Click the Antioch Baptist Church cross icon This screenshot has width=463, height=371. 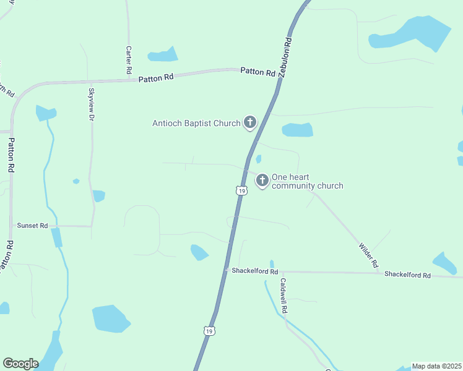[x=250, y=122]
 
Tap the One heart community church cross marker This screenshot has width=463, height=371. [x=262, y=180]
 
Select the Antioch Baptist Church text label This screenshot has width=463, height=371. [x=196, y=123]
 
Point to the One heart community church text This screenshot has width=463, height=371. [x=307, y=181]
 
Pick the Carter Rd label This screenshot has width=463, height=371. [x=129, y=60]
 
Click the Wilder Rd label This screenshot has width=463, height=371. [x=369, y=255]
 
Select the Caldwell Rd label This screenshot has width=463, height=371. [x=283, y=294]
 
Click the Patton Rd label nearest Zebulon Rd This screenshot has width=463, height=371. [x=257, y=72]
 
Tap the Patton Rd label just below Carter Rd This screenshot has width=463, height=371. [x=156, y=79]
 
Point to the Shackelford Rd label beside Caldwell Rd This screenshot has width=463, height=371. [x=254, y=271]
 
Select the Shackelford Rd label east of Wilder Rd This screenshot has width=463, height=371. [x=407, y=275]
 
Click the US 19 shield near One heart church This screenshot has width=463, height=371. [x=241, y=191]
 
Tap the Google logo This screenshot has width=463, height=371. [x=20, y=364]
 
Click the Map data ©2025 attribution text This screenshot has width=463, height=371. [x=436, y=366]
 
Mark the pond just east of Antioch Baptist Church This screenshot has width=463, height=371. [x=298, y=130]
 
